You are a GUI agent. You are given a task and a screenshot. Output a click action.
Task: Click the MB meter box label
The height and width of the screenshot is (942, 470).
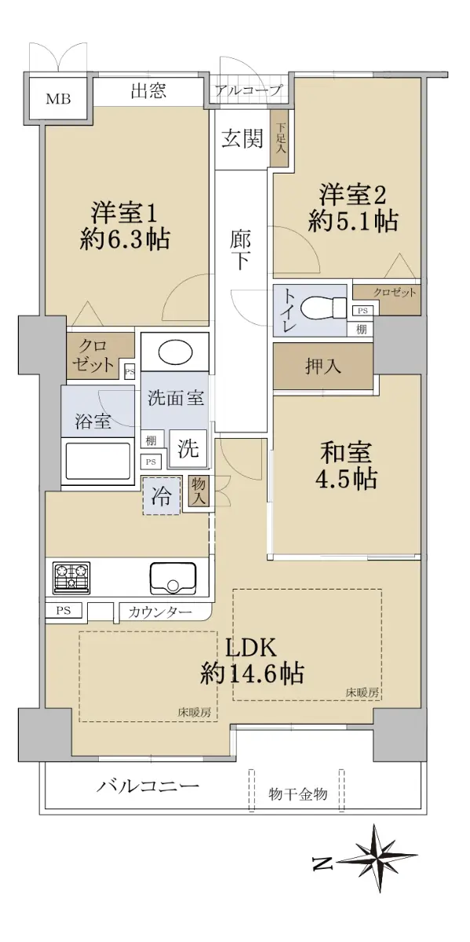tap(58, 99)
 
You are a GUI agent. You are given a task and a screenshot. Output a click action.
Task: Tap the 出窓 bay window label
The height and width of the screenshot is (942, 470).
tap(148, 91)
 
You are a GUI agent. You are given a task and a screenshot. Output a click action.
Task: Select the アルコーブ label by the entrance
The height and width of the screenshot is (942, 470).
tap(248, 90)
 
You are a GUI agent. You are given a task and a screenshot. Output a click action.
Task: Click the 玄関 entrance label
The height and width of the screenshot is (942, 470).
tap(242, 138)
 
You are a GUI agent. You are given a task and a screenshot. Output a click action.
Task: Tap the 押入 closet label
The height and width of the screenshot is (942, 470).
tap(322, 367)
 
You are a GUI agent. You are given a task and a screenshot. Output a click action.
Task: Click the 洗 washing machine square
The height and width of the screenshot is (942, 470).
tap(188, 448)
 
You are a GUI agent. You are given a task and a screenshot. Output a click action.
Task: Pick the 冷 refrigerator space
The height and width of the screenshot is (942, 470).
tap(162, 496)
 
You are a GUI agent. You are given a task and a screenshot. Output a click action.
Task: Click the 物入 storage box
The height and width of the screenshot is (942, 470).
tap(199, 492)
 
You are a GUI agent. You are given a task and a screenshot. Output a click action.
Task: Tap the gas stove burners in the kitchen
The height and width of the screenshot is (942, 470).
tap(71, 579)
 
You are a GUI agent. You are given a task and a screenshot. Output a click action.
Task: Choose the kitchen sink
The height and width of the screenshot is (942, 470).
tap(173, 579)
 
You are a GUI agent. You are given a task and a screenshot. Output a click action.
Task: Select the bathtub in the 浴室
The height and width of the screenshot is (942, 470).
tap(96, 461)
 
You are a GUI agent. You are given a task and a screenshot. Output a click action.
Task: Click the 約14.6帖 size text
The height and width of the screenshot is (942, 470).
tap(252, 674)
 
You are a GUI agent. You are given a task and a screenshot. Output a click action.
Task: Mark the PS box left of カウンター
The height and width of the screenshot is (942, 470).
tap(64, 610)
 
